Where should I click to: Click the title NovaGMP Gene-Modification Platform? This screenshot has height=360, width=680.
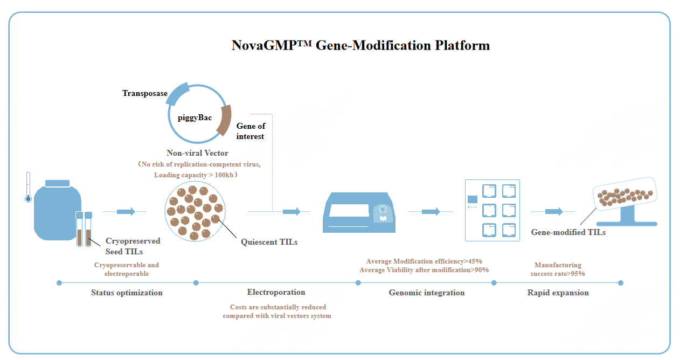pos(360,45)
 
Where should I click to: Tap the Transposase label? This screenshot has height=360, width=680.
pos(144,93)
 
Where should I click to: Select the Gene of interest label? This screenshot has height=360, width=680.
pos(251,131)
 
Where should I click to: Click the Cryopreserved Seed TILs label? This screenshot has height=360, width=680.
pos(133,246)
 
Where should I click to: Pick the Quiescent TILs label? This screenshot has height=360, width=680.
pos(269,242)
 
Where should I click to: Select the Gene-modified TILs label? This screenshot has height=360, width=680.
pos(568,232)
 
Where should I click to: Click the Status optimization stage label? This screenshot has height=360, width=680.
pos(127,293)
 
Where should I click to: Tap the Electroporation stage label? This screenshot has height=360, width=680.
pos(276,292)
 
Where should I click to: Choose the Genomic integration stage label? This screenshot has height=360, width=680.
pos(426,293)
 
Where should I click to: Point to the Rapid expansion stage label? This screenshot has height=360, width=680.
pos(558,293)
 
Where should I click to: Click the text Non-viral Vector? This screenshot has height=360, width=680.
pos(197,153)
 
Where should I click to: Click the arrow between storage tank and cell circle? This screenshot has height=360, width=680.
pos(126,211)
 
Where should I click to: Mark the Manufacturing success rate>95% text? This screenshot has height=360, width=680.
pos(558,269)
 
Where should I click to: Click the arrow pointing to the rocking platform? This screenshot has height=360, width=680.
pos(554,211)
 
